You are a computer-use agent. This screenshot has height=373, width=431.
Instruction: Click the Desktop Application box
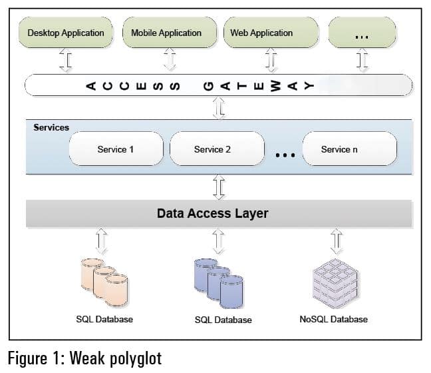click(66, 33)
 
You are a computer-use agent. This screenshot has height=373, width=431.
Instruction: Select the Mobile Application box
click(166, 33)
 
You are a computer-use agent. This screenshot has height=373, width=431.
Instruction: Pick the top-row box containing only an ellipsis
click(362, 33)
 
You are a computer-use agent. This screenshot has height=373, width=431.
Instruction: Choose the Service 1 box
click(116, 149)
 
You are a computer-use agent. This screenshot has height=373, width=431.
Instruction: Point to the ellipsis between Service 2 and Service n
click(285, 156)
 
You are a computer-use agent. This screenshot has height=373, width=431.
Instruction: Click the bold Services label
click(51, 127)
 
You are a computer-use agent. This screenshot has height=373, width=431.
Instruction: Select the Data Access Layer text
click(213, 214)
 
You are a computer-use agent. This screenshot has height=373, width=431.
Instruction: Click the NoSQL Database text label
click(334, 319)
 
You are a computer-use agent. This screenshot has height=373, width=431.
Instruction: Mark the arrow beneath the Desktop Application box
click(65, 61)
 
